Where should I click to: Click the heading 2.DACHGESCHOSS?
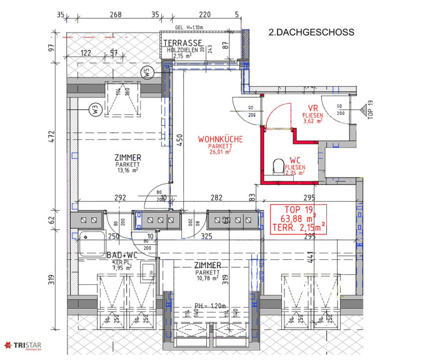(x=311, y=32)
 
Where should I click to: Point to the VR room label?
(x=313, y=107)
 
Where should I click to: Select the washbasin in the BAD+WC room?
(x=148, y=271)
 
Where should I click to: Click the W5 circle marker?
(x=148, y=72)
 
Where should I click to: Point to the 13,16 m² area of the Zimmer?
(x=127, y=169)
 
